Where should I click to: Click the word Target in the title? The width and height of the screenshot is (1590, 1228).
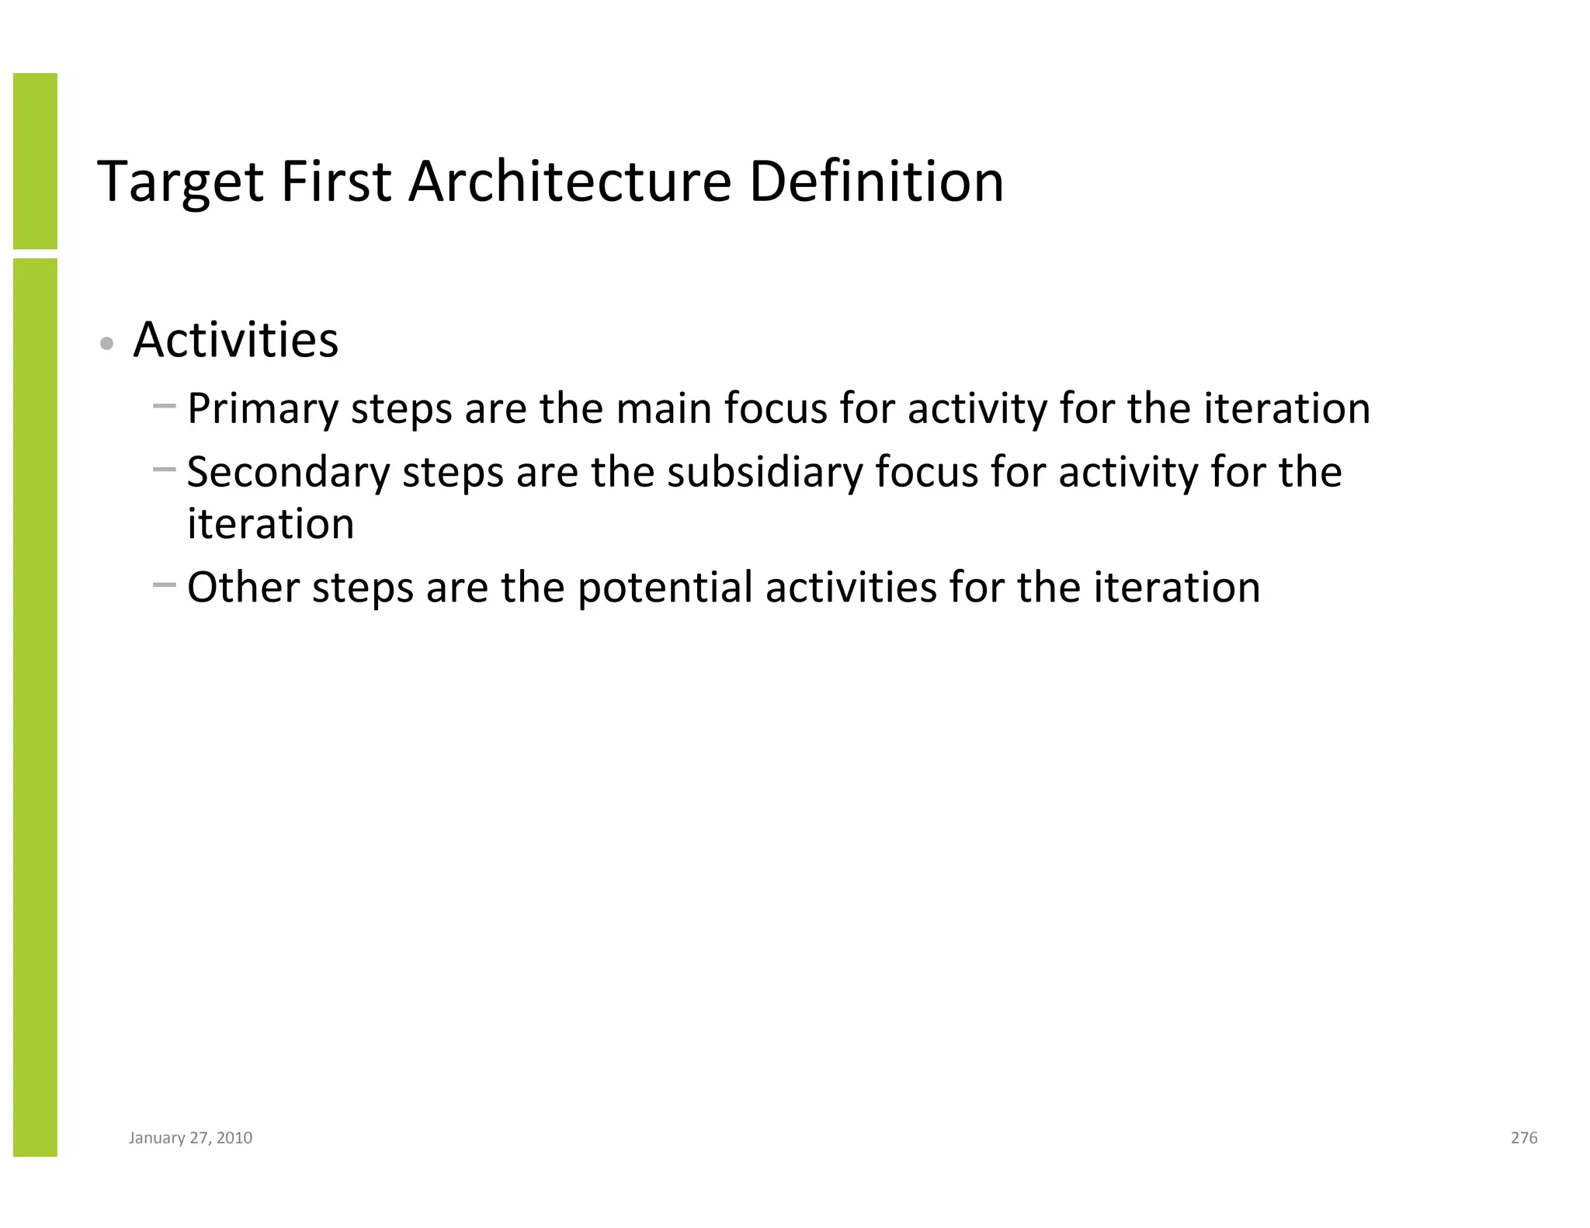(x=180, y=183)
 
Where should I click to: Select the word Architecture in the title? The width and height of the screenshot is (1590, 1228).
(x=569, y=182)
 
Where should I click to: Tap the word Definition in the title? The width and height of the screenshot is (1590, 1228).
(x=876, y=182)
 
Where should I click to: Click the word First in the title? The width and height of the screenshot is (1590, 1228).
(x=335, y=182)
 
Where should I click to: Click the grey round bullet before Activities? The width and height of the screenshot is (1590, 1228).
(x=108, y=344)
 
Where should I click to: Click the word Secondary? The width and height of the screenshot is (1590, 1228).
(x=288, y=473)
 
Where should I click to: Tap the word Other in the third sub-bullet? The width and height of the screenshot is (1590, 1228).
(x=243, y=587)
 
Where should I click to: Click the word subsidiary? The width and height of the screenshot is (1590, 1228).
(x=764, y=473)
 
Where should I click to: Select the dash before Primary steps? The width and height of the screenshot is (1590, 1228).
(x=165, y=405)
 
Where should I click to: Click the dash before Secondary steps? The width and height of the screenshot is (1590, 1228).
(x=165, y=469)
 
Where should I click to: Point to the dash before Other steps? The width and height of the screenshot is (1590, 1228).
(x=165, y=584)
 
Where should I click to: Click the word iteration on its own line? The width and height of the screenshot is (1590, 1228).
(x=270, y=524)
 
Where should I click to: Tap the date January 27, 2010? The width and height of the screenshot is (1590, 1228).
(x=190, y=1138)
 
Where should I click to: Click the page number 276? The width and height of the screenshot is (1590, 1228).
(x=1524, y=1138)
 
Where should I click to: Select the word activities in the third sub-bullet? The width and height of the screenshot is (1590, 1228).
(x=851, y=587)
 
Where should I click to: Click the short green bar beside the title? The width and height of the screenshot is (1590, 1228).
(x=35, y=161)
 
